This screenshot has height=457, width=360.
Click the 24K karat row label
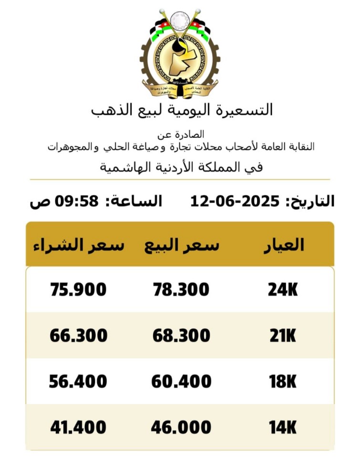tap(283, 290)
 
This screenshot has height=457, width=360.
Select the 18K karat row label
tap(283, 382)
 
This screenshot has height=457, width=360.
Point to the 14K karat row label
tap(283, 427)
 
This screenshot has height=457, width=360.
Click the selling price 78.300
tap(181, 290)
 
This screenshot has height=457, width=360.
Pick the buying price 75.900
tap(78, 290)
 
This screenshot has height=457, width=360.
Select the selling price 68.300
tap(181, 336)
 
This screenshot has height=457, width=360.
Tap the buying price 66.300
tap(78, 336)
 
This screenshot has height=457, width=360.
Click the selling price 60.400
tap(181, 382)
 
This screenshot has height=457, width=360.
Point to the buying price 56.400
tap(78, 382)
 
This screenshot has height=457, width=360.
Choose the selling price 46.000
tap(181, 427)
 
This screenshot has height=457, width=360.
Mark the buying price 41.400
tap(78, 427)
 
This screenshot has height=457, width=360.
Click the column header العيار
tap(284, 244)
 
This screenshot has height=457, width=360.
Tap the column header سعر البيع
tap(182, 245)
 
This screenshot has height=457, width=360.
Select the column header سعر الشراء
tap(79, 245)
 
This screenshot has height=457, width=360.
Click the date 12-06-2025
tap(235, 201)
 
